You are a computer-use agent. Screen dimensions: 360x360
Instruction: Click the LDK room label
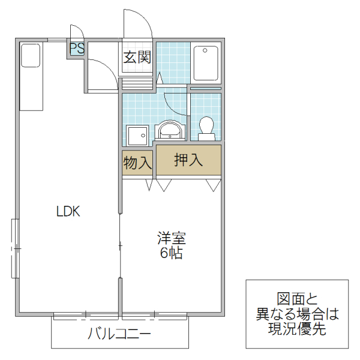pos(68,211)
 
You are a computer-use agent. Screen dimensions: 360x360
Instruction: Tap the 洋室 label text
pos(172,238)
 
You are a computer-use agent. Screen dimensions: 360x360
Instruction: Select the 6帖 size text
pos(172,253)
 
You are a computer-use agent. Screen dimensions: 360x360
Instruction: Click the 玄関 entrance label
pos(137,58)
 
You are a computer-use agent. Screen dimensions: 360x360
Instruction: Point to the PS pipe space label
pos(77,48)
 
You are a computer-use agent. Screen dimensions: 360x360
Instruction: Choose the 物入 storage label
pos(137,162)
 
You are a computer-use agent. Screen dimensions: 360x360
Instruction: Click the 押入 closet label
pos(188,160)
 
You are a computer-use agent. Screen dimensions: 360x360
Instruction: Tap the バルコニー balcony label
pos(119,334)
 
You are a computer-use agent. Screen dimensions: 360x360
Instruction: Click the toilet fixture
pos(206,128)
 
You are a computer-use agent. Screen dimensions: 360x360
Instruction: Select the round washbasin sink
pos(170,130)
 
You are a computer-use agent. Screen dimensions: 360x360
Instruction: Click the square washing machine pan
pos(137,136)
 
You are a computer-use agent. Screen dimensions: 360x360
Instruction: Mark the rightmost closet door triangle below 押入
pos(213,185)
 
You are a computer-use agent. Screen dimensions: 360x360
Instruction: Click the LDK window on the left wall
pos(15,248)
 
